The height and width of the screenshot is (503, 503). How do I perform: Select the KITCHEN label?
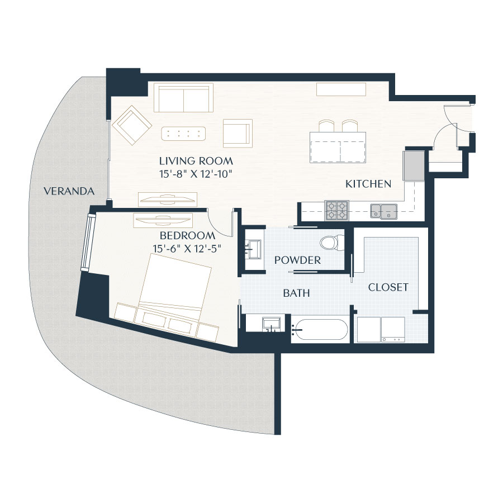click(x=368, y=184)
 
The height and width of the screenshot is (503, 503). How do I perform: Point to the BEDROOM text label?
click(x=187, y=235)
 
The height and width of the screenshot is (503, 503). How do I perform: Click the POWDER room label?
click(x=297, y=260)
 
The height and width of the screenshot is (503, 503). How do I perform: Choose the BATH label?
click(x=296, y=293)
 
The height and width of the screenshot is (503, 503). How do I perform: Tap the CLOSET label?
click(x=388, y=287)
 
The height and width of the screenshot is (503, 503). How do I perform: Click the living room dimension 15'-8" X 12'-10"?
click(x=195, y=174)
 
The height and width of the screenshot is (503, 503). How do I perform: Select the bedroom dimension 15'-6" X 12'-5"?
click(x=187, y=248)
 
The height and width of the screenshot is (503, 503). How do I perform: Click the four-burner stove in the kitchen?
click(x=336, y=210)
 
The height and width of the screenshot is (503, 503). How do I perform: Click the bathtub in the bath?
click(x=320, y=330)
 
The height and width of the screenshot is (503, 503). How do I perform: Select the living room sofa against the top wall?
click(x=184, y=98)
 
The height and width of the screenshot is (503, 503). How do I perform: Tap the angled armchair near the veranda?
click(x=131, y=124)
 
